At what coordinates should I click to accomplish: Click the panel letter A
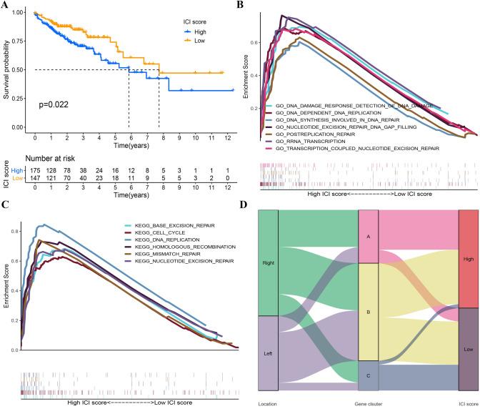(x=5, y=6)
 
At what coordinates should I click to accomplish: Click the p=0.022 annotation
(x=56, y=104)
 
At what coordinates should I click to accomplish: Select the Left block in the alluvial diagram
(x=269, y=353)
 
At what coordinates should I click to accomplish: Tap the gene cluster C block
(x=368, y=376)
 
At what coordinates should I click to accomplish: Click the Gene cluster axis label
(x=367, y=403)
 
